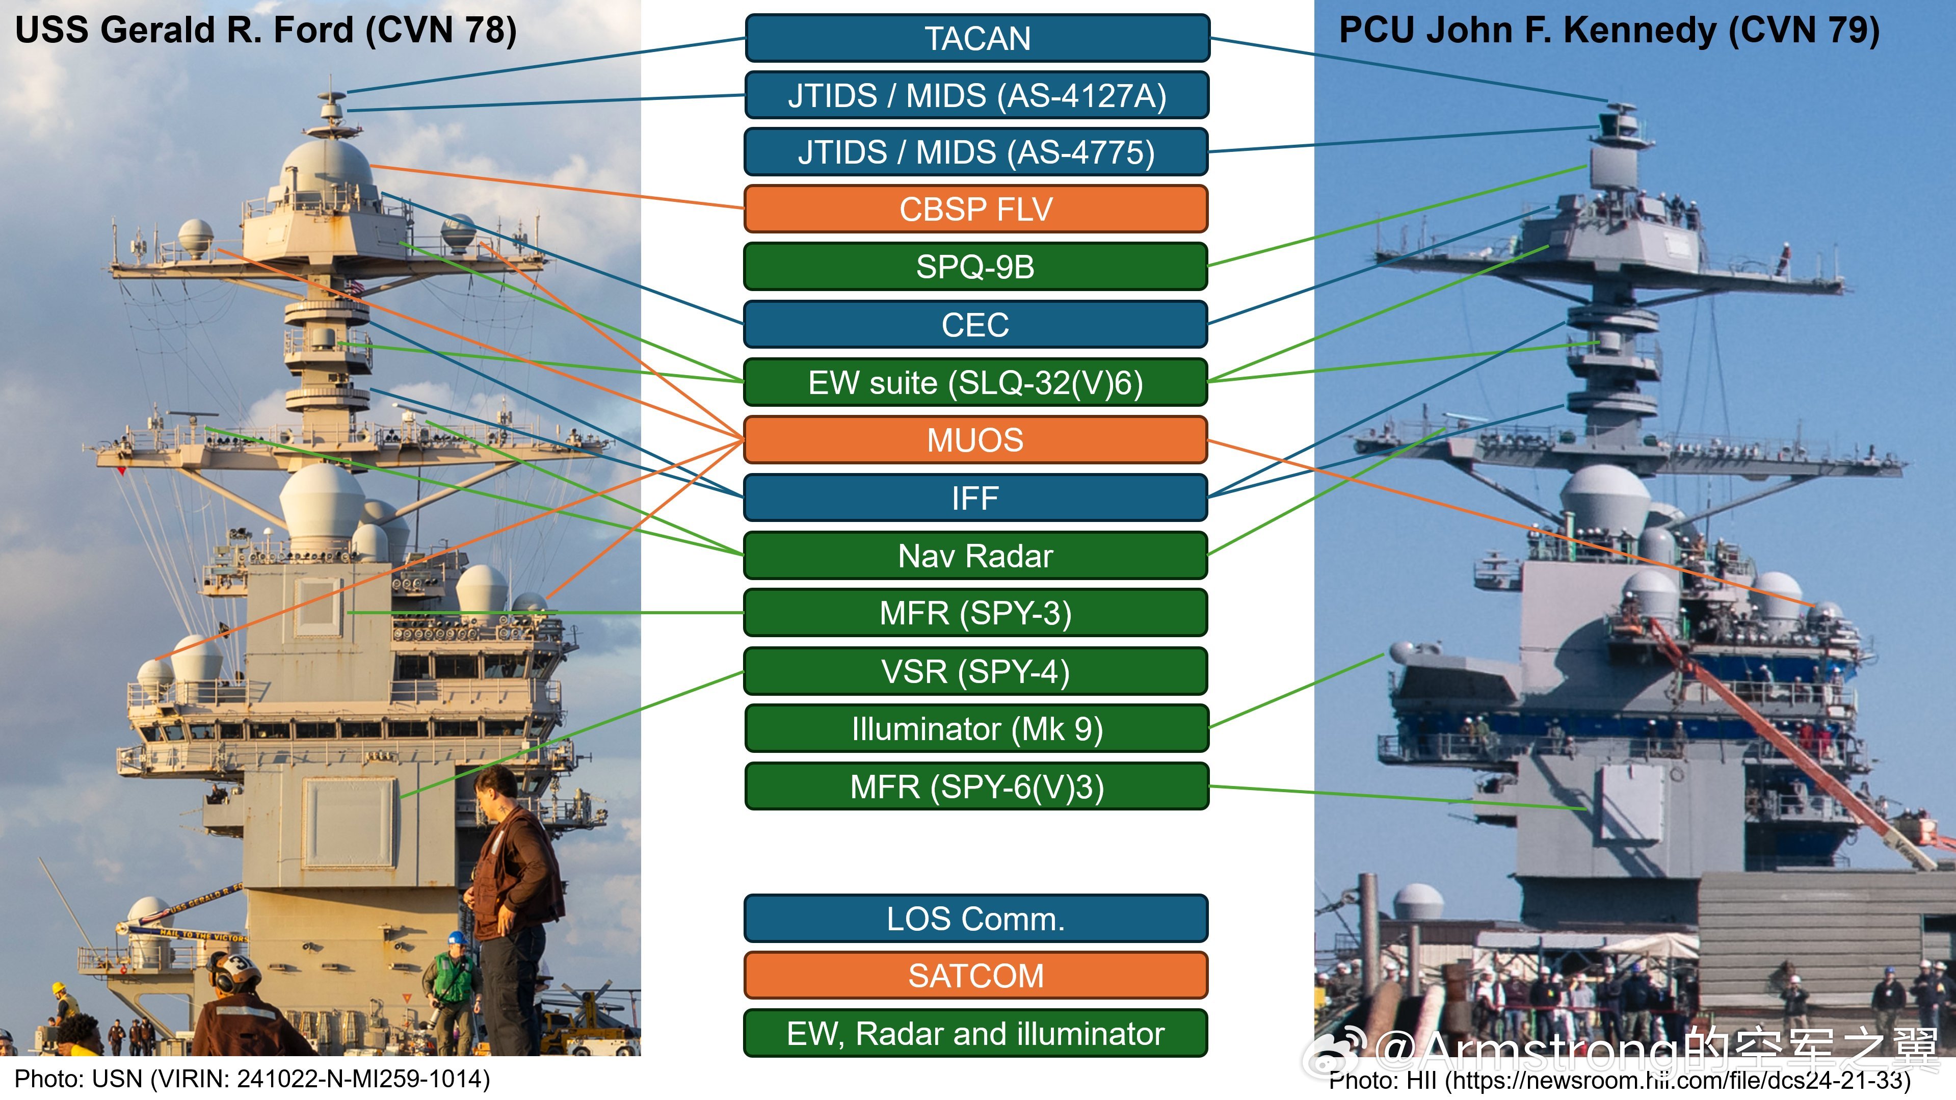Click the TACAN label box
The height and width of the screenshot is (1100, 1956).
(x=976, y=38)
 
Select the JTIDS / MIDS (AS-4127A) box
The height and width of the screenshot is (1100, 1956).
(x=976, y=96)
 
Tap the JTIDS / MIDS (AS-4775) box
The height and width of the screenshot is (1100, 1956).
(x=976, y=152)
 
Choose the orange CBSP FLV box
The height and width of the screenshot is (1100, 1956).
(x=976, y=209)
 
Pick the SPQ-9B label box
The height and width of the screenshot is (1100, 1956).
(x=976, y=267)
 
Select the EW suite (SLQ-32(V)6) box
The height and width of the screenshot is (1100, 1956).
(x=976, y=382)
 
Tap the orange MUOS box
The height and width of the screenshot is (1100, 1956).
(x=976, y=440)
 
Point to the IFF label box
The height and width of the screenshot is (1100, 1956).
(x=976, y=497)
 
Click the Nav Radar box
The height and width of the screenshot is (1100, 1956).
(x=976, y=555)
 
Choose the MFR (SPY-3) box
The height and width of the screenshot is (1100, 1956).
(x=976, y=613)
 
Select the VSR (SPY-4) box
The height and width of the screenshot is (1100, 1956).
(x=976, y=671)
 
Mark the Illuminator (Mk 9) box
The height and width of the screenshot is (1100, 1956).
(x=976, y=728)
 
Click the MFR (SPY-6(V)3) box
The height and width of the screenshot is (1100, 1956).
(x=976, y=786)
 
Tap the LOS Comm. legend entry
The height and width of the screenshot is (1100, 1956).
(x=976, y=919)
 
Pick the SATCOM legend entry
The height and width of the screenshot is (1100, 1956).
(x=976, y=976)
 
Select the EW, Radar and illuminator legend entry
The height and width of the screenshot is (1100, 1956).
(x=976, y=1033)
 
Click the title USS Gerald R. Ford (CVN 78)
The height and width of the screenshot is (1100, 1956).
(x=266, y=31)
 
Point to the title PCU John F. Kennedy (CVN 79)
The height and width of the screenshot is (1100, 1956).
(x=1609, y=31)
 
